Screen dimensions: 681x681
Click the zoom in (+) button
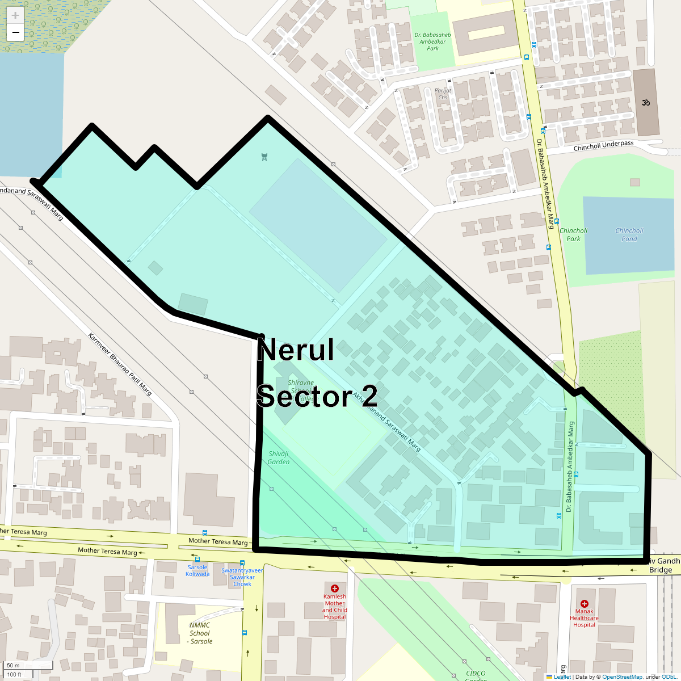[x=15, y=15]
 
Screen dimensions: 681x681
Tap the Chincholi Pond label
[x=629, y=234]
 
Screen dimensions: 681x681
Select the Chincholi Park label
[x=573, y=234]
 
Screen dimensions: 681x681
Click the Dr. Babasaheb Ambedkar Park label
[x=432, y=41]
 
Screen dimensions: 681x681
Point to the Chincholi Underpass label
[x=603, y=146]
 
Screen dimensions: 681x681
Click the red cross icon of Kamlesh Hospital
[x=335, y=588]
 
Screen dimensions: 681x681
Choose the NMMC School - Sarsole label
[x=200, y=633]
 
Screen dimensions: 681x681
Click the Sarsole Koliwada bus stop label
[x=197, y=570]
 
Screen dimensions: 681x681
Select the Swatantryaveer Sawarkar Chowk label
[x=242, y=577]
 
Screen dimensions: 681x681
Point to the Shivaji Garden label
[x=279, y=457]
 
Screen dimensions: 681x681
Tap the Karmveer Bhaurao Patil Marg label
[x=120, y=364]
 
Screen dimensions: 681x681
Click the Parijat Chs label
[x=443, y=94]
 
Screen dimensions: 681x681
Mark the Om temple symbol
[x=645, y=103]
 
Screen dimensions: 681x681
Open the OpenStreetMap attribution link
[x=622, y=676]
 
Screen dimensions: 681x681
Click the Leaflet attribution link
[x=562, y=676]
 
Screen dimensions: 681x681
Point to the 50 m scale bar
[x=28, y=665]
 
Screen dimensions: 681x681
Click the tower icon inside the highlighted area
[x=264, y=157]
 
